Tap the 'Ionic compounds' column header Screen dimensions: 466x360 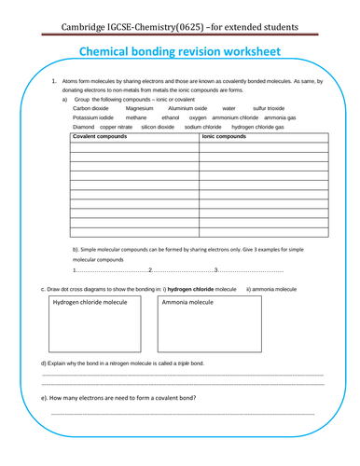[224, 137]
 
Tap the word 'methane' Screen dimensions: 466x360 [136, 117]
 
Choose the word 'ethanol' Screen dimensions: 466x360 [170, 117]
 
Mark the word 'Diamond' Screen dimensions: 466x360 [84, 127]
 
